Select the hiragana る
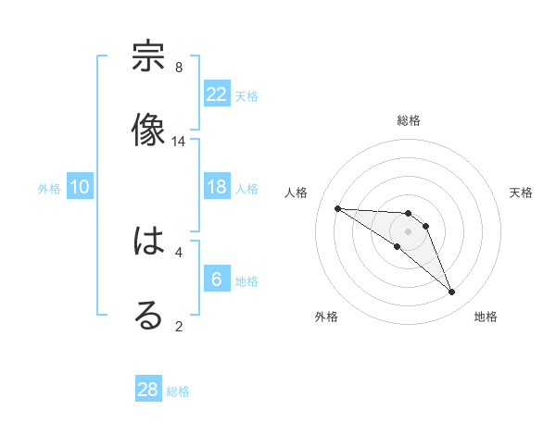148,316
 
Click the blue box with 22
217,93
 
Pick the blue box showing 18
217,187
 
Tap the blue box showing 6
217,280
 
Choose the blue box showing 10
80,187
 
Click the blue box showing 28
148,390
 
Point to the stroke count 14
179,142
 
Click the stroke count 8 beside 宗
179,68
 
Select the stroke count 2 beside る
179,326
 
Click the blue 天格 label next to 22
246,95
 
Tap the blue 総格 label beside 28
178,391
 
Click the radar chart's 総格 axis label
409,120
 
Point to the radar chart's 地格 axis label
486,317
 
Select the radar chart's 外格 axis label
326,317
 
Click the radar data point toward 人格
337,208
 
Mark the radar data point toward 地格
451,292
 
